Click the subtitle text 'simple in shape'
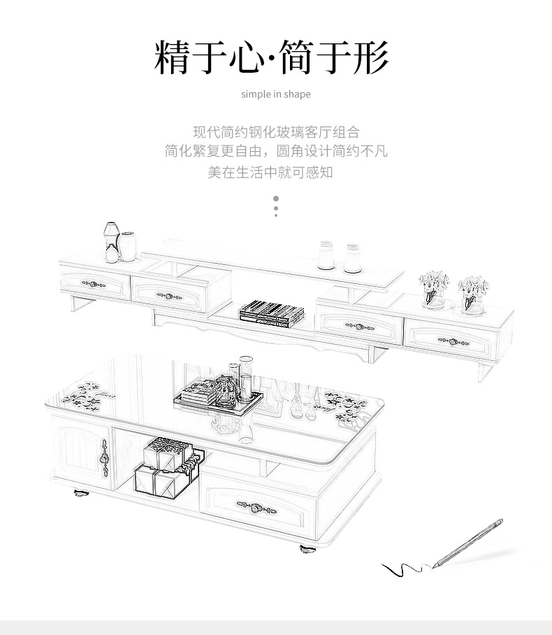[275, 94]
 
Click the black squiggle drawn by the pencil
[403, 569]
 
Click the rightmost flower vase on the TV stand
[472, 294]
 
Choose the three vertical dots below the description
[276, 207]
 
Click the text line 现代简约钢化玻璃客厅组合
[276, 131]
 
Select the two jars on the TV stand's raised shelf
[340, 256]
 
